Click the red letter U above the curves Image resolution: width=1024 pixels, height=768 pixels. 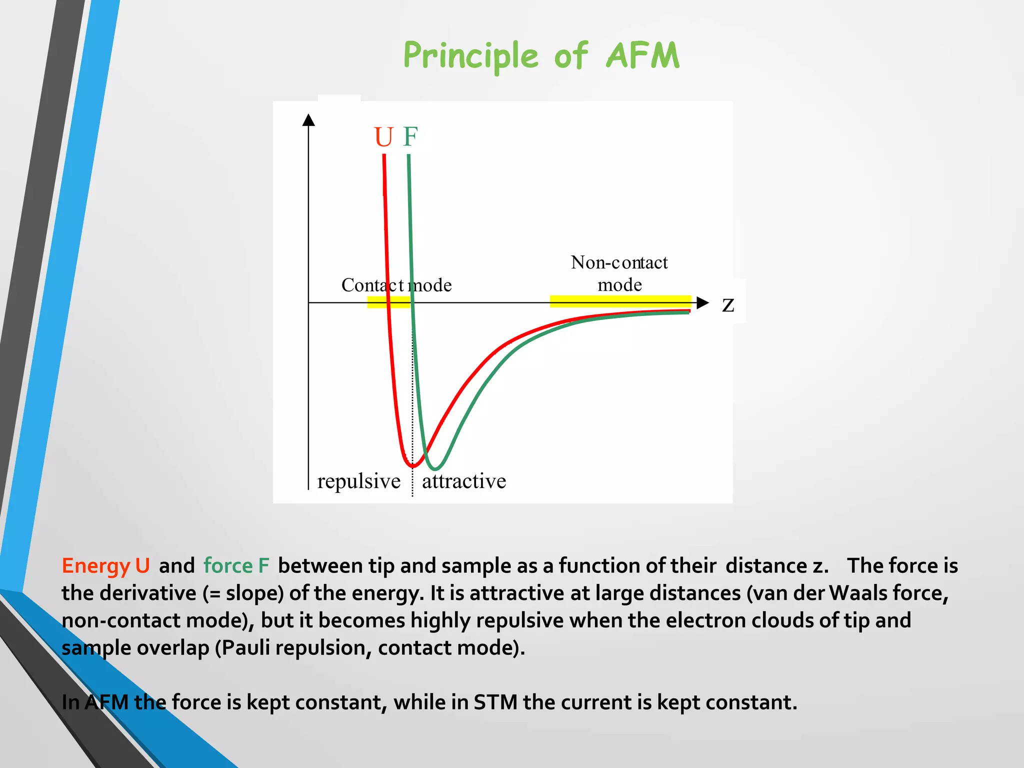coord(383,137)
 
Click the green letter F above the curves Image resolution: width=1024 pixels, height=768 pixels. coord(410,136)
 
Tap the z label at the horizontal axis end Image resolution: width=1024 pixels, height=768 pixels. coord(728,304)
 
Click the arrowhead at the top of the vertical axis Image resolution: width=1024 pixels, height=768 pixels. coord(308,120)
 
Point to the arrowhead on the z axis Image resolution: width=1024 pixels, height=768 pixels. coord(702,302)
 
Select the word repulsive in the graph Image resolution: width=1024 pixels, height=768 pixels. coord(358,481)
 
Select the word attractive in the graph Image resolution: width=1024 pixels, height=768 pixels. coord(464,481)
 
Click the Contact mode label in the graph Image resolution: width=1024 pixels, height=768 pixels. coord(396,285)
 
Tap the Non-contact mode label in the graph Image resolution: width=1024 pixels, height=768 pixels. coord(619,273)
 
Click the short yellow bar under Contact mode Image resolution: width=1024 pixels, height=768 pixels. coord(388,302)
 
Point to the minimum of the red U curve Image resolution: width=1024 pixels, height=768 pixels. coord(413,466)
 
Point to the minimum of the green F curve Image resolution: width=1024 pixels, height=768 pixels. coord(435,469)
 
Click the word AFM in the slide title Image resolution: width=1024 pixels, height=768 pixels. coord(642,55)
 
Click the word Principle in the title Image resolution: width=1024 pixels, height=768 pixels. coord(470,55)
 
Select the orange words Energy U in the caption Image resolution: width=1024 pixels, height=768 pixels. coord(105,566)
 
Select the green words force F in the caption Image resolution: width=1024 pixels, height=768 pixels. coord(236,566)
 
